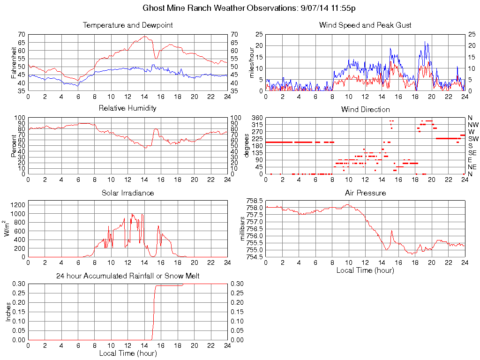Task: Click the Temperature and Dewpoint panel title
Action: (127, 25)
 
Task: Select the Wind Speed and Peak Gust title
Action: (365, 25)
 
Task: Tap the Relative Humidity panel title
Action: (127, 108)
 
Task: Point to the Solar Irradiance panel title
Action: (127, 193)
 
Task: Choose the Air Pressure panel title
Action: (365, 193)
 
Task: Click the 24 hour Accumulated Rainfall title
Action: (127, 276)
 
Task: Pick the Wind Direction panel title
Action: (365, 109)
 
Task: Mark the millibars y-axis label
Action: (243, 228)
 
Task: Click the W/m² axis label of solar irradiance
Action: (7, 228)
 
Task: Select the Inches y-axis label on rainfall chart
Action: (8, 312)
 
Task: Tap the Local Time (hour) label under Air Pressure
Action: (365, 270)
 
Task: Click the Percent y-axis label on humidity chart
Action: (15, 146)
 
